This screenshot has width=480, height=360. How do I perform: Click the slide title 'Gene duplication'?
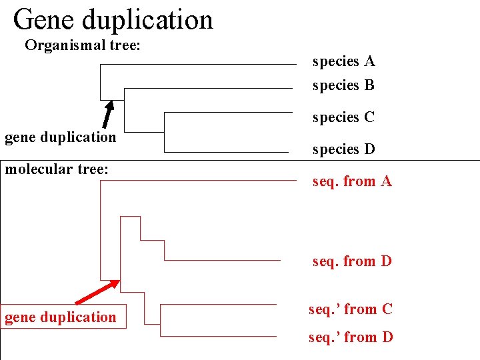(113, 20)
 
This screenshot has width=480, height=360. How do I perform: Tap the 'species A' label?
(343, 61)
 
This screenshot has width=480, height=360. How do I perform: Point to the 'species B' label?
(343, 85)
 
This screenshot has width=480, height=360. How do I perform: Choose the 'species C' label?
(343, 117)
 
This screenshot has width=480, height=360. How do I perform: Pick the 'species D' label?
(343, 149)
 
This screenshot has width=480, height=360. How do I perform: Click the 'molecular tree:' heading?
(57, 169)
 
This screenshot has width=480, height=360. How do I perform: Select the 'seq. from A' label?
(352, 181)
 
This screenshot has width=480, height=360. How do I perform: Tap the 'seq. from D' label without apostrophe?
(352, 261)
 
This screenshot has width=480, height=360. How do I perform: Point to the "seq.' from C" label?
(351, 309)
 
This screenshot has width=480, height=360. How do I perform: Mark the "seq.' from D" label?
(351, 337)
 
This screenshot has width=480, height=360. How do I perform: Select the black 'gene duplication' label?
(60, 137)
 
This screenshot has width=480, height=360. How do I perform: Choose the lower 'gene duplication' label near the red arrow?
(60, 317)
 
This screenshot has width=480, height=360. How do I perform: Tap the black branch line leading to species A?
(200, 65)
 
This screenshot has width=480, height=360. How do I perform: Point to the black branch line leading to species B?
(210, 88)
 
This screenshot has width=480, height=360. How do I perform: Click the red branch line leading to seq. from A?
(200, 181)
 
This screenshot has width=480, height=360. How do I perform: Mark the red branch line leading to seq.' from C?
(220, 305)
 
